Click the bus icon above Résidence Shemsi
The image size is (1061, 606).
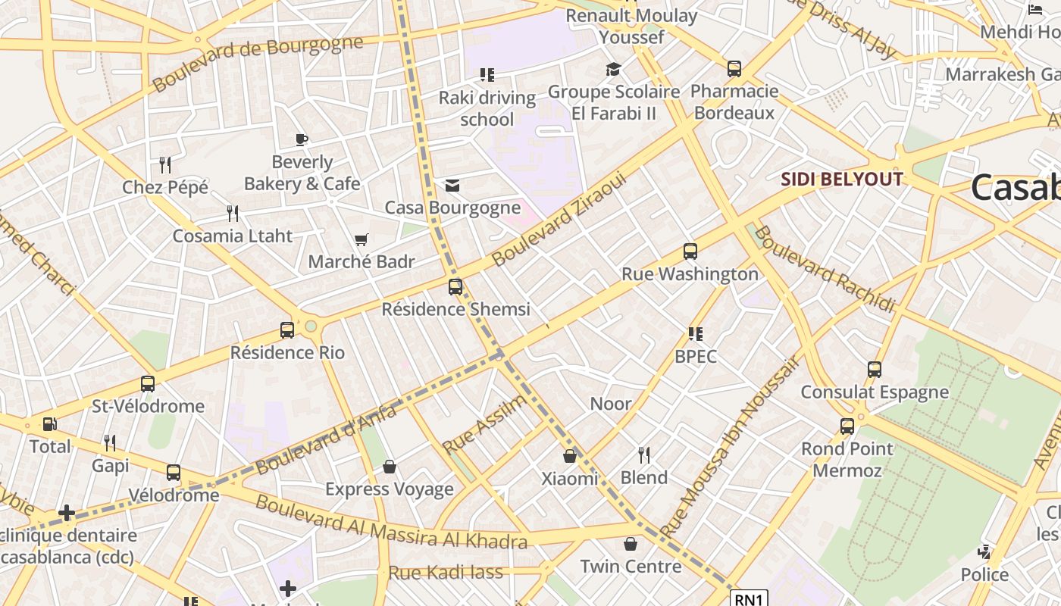pyautogui.click(x=455, y=287)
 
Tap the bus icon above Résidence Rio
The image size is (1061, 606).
pyautogui.click(x=287, y=330)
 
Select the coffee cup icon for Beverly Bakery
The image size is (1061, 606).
pyautogui.click(x=302, y=139)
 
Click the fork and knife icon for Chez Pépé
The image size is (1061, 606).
pyautogui.click(x=165, y=164)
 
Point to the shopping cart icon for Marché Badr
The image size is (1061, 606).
pyautogui.click(x=361, y=240)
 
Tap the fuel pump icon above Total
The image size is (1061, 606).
pyautogui.click(x=49, y=424)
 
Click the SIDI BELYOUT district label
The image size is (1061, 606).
pyautogui.click(x=841, y=180)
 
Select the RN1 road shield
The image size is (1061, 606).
pyautogui.click(x=749, y=599)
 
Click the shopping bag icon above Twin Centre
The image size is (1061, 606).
pyautogui.click(x=631, y=544)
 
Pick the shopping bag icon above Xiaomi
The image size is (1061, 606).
pyautogui.click(x=570, y=456)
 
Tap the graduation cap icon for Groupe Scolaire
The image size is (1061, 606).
pyautogui.click(x=613, y=70)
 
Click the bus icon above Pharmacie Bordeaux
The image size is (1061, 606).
pyautogui.click(x=734, y=69)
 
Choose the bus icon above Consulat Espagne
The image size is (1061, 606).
pyautogui.click(x=875, y=370)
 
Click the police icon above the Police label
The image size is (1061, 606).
pyautogui.click(x=984, y=552)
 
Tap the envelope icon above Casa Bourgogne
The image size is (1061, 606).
pyautogui.click(x=452, y=186)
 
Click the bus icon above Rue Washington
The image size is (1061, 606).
pyautogui.click(x=690, y=251)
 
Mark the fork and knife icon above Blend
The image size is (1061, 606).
pyautogui.click(x=644, y=455)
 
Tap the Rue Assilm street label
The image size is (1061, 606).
pyautogui.click(x=484, y=424)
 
